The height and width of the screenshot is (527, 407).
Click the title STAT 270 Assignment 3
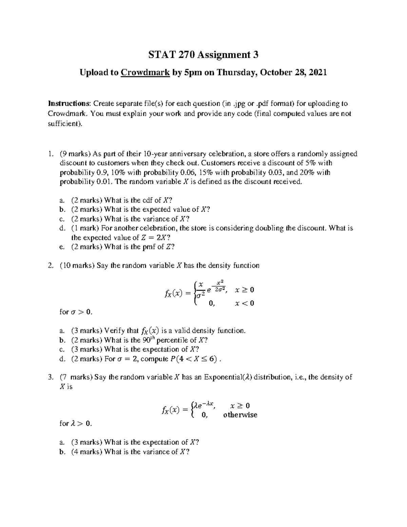pos(203,55)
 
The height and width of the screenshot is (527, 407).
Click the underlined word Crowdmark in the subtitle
pos(145,72)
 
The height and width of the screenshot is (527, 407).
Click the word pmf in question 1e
pos(150,247)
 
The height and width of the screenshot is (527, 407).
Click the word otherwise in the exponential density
pos(240,415)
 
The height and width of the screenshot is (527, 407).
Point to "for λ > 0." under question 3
pos(75,424)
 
